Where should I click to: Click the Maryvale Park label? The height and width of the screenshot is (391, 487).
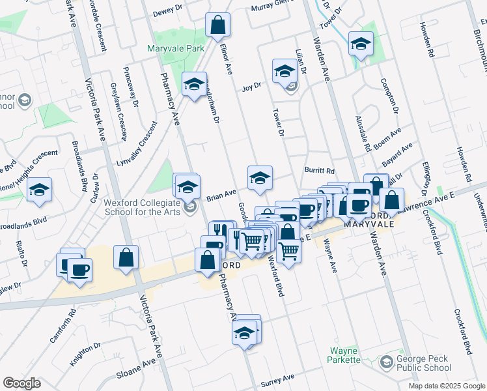coord(176,48)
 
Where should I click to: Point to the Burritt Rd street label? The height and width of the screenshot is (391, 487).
coord(319,170)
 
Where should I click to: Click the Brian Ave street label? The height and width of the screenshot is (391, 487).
coord(221,195)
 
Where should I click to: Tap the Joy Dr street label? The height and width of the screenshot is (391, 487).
coord(251,86)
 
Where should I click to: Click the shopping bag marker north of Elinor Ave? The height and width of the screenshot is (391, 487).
coord(218,25)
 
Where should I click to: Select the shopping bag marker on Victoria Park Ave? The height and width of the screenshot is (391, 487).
coord(126,257)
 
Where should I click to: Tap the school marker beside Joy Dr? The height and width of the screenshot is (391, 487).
coord(285,71)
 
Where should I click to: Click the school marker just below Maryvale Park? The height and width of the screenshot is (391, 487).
coord(194,84)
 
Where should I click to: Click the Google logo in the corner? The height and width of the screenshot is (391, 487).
coord(21,383)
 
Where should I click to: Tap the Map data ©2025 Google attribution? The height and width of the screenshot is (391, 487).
coord(446,386)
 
